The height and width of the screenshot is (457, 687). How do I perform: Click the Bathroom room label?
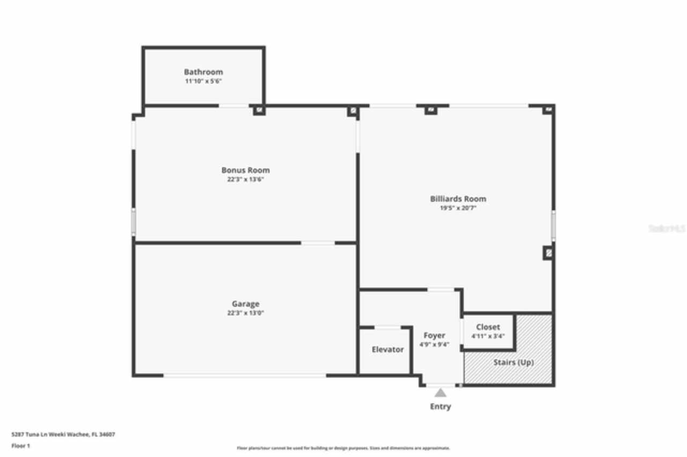click(203, 72)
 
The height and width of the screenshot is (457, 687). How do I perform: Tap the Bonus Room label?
click(245, 171)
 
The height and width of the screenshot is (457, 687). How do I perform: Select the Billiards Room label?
click(458, 199)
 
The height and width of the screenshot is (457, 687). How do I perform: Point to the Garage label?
click(245, 304)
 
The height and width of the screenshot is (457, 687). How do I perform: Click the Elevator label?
click(388, 350)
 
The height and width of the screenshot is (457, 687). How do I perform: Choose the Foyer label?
click(434, 336)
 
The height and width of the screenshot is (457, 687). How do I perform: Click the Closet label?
click(488, 327)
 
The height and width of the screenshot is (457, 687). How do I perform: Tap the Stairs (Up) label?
click(513, 363)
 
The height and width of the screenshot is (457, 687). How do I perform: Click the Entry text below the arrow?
click(440, 407)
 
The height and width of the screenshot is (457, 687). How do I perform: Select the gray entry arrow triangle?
click(440, 393)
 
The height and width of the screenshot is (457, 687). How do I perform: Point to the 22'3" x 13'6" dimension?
click(245, 180)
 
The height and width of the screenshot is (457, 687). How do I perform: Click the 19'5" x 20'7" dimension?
click(458, 208)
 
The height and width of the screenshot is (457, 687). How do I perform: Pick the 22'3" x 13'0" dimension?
click(245, 313)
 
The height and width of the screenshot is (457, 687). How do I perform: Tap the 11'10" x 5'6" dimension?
click(203, 81)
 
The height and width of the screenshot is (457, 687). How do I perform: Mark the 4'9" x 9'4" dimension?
click(434, 345)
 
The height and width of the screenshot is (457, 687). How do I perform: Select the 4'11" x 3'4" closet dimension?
click(488, 336)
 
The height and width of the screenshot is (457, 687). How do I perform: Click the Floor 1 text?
click(21, 446)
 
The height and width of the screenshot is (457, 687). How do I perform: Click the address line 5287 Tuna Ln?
click(63, 434)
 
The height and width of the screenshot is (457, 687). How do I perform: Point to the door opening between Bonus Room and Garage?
click(318, 243)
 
